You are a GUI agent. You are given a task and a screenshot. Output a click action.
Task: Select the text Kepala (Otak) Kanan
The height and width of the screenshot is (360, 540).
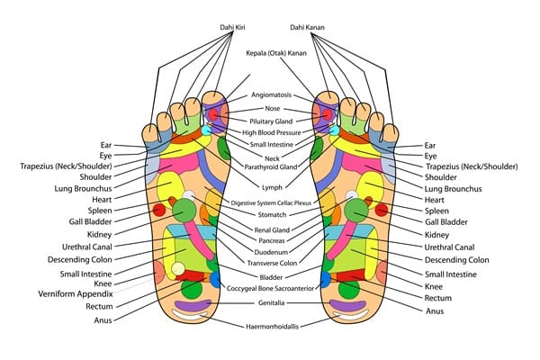270,53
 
